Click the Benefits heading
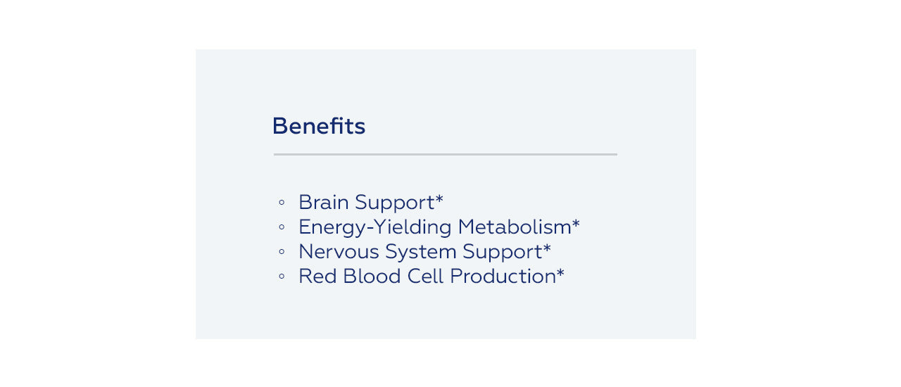(319, 126)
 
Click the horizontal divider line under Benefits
(446, 154)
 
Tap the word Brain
(324, 202)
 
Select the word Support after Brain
(395, 203)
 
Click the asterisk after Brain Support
(439, 198)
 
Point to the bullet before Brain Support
(282, 202)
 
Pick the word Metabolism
(515, 227)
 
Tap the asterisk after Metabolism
(576, 223)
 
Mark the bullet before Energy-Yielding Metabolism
(282, 227)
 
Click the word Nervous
(339, 252)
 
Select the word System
(421, 253)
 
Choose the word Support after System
(503, 253)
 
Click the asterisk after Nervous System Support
(547, 248)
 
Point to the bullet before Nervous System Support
(282, 252)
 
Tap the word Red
(317, 277)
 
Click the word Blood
(372, 277)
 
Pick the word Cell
(426, 277)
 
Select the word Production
(503, 277)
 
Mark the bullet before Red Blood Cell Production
(282, 277)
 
